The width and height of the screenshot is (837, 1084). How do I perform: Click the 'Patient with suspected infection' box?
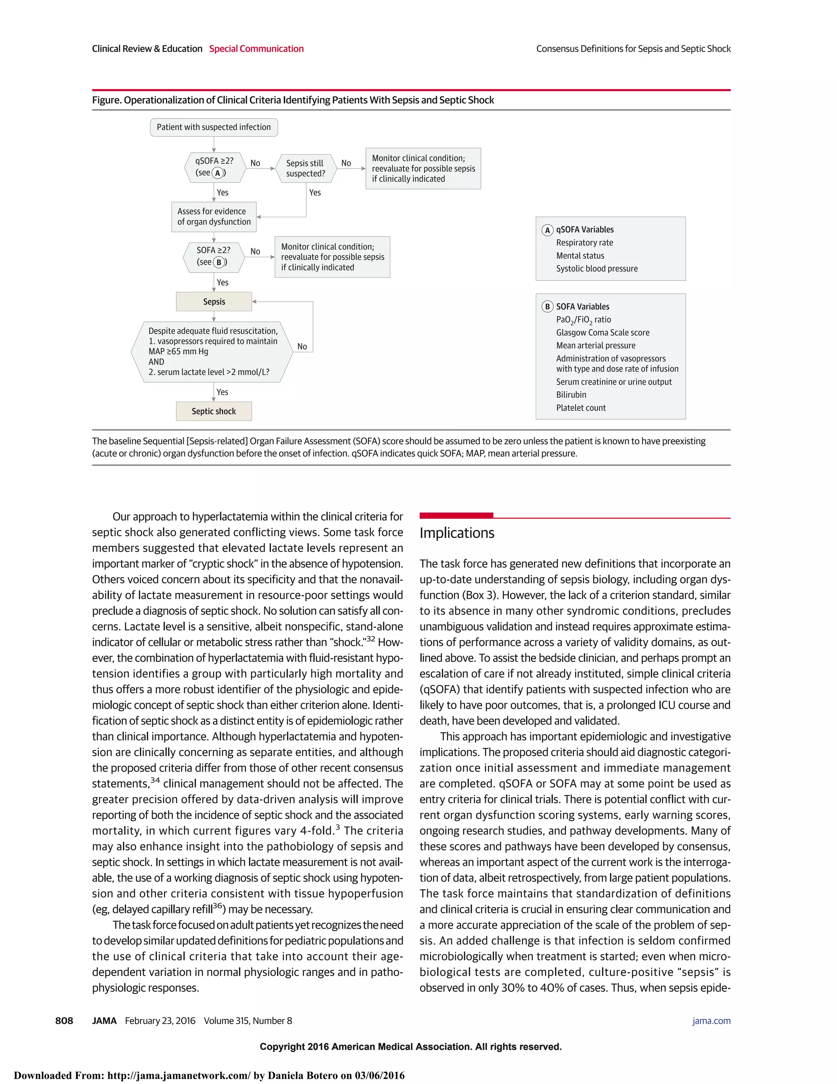[x=214, y=127]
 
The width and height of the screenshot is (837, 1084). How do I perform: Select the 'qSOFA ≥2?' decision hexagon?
[x=214, y=167]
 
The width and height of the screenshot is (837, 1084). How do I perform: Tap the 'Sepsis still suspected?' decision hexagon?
[x=305, y=168]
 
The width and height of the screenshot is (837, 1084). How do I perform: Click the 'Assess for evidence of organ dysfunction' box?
[x=214, y=217]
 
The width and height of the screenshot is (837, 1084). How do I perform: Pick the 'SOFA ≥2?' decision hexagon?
[x=214, y=256]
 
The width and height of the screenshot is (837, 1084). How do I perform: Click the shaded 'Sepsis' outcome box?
[x=214, y=302]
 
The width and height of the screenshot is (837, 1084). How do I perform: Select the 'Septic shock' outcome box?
[x=214, y=412]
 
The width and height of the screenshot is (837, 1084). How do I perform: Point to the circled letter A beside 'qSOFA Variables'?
[x=547, y=230]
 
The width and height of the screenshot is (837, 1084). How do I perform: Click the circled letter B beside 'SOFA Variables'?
[x=547, y=307]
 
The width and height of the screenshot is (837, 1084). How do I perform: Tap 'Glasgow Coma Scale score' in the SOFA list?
[x=602, y=333]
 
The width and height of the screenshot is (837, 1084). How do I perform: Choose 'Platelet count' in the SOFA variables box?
[x=581, y=408]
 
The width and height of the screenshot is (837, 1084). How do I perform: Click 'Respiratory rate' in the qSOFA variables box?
[x=584, y=243]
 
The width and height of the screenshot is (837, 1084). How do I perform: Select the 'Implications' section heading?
[x=457, y=533]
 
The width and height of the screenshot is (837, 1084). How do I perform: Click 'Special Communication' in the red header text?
[x=256, y=49]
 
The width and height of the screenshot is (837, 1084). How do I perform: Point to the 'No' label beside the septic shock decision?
[x=302, y=347]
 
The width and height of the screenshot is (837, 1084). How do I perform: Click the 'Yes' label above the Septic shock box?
[x=222, y=392]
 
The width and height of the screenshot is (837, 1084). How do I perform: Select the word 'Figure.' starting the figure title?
[x=107, y=100]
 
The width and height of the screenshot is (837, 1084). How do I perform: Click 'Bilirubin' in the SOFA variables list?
[x=571, y=395]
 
